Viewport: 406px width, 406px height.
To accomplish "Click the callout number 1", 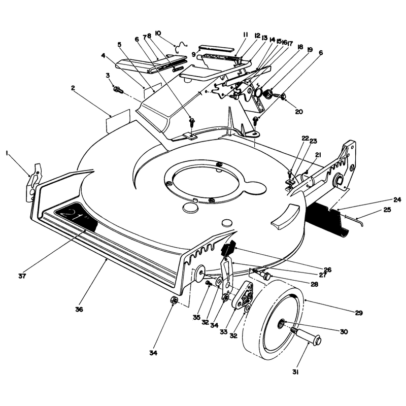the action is click(7, 154).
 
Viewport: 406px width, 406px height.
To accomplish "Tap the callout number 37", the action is click(22, 276).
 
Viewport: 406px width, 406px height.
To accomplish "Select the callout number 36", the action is click(79, 309).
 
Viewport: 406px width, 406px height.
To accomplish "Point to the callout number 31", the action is click(295, 372).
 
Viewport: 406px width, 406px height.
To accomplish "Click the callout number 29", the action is click(359, 313).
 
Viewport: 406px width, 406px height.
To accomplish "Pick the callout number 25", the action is click(387, 210).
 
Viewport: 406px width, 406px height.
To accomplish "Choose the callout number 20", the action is click(299, 112).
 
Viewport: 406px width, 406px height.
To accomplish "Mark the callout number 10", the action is click(158, 33).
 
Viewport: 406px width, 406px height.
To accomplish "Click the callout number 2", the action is click(73, 88).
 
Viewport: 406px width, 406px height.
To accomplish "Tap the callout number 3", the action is click(108, 75).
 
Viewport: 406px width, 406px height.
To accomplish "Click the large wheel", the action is click(273, 320).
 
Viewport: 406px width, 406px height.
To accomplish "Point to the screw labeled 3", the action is click(118, 90).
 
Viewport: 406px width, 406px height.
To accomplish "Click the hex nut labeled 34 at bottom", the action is click(174, 300).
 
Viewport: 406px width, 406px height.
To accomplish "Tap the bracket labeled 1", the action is click(33, 183).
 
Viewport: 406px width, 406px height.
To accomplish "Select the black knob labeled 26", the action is click(228, 248).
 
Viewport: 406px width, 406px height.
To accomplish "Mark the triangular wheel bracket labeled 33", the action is click(243, 295).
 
